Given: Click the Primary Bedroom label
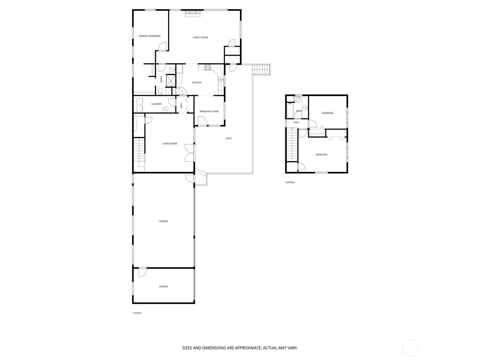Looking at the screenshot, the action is [x=150, y=36].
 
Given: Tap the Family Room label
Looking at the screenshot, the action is [x=200, y=37].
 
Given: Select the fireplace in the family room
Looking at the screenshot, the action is [x=192, y=13].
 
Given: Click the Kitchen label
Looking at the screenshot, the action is [x=196, y=82].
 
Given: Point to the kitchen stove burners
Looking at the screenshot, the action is [x=208, y=67].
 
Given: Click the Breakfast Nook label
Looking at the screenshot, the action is [x=209, y=112].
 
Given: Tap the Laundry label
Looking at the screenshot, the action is [x=157, y=104].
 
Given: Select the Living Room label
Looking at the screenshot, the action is [x=170, y=144].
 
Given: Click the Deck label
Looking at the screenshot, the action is [x=229, y=138].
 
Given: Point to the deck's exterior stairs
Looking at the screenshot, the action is [x=261, y=70].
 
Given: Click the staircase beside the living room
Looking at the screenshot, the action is [x=139, y=149].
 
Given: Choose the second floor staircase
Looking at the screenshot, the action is [x=292, y=144].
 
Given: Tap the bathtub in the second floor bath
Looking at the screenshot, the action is [x=290, y=110].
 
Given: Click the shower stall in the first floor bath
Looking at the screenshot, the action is [x=171, y=81].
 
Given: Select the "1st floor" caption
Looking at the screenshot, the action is [x=137, y=313].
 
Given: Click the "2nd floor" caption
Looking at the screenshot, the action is [x=290, y=182].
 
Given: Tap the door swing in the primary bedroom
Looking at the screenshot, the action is [x=163, y=46].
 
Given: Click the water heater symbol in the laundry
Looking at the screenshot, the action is [x=165, y=109].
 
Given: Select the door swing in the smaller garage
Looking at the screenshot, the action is [x=142, y=272].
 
